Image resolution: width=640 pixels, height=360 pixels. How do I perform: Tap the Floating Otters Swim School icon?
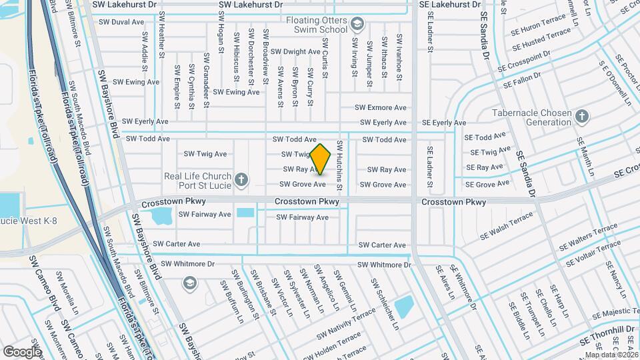click(x=358, y=25)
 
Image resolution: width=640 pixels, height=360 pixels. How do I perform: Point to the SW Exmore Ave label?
click(x=380, y=107)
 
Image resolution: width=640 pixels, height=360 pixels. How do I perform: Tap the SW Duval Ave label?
click(x=121, y=22)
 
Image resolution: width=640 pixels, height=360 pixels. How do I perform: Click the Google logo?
click(x=22, y=351)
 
